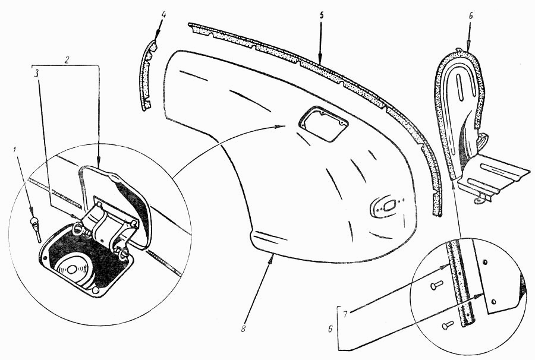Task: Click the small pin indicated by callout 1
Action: [x=34, y=226]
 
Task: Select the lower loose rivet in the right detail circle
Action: [x=448, y=324]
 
